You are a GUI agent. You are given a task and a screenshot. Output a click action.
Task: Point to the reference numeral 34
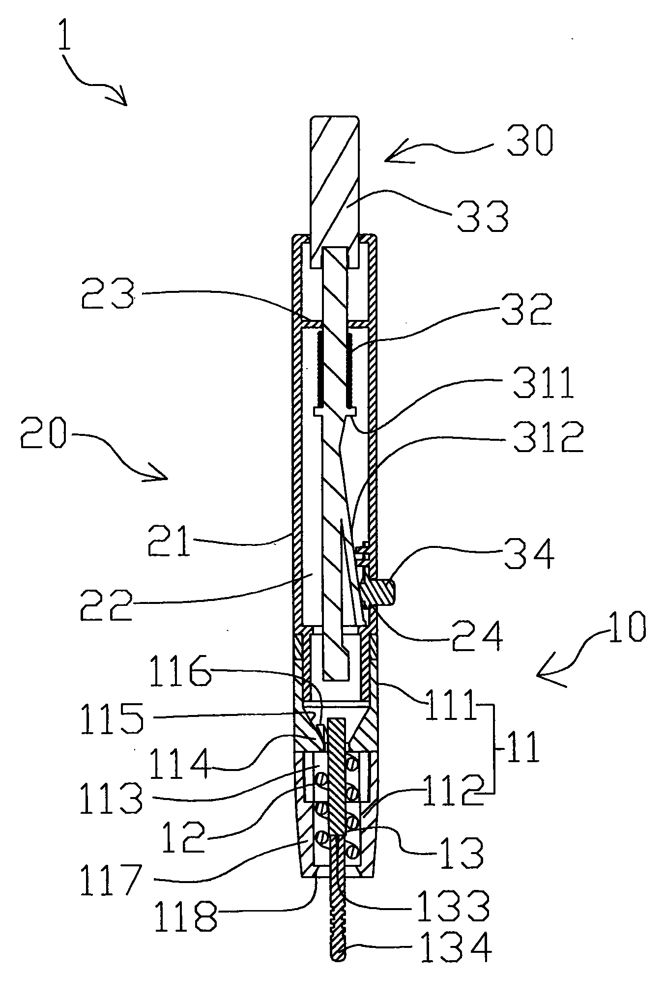point(530,554)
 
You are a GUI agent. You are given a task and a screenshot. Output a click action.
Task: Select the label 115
point(112,718)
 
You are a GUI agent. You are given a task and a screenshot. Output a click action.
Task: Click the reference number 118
point(185,915)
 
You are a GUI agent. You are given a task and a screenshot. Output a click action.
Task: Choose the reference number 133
point(453,905)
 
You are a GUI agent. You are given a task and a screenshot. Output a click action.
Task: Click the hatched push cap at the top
point(334,182)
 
